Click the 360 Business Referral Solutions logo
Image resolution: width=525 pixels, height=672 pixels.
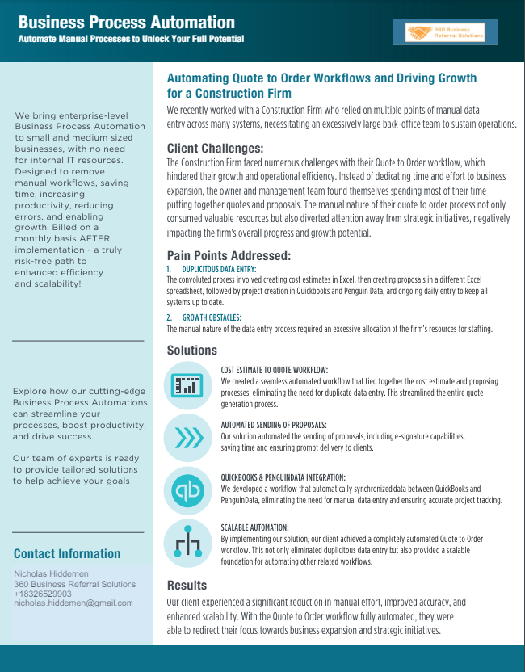pyautogui.click(x=451, y=32)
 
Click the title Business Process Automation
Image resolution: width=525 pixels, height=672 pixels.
pyautogui.click(x=127, y=23)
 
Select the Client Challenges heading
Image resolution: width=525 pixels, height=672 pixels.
pyautogui.click(x=215, y=149)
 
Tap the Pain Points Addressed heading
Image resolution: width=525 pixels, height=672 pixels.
pyautogui.click(x=229, y=256)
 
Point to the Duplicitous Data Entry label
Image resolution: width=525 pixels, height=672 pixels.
pyautogui.click(x=219, y=268)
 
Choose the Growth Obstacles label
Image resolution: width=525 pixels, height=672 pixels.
pyautogui.click(x=212, y=317)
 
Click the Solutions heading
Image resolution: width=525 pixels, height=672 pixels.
pyautogui.click(x=192, y=351)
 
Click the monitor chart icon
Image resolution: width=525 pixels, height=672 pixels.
pyautogui.click(x=187, y=385)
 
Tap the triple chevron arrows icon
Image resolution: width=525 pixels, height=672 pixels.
pyautogui.click(x=188, y=439)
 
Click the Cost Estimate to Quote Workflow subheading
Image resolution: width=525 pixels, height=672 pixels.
pyautogui.click(x=274, y=370)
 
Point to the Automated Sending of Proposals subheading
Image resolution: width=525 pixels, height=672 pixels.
pyautogui.click(x=274, y=425)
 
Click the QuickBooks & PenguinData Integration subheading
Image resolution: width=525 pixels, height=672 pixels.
pyautogui.click(x=283, y=478)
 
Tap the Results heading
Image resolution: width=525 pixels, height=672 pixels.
pyautogui.click(x=187, y=585)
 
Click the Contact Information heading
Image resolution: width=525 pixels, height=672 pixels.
pyautogui.click(x=67, y=554)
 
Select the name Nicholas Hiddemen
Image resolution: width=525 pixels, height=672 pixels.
pyautogui.click(x=52, y=574)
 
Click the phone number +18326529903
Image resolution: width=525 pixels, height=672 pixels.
pyautogui.click(x=43, y=594)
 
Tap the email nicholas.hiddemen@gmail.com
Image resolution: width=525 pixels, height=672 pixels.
pyautogui.click(x=73, y=603)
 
